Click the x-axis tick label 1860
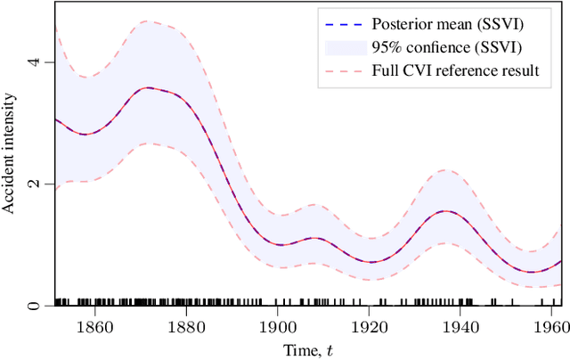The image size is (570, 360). pyautogui.click(x=95, y=327)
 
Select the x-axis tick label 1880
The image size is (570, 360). pyautogui.click(x=187, y=327)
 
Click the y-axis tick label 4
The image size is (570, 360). pyautogui.click(x=35, y=62)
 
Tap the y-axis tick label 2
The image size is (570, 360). pyautogui.click(x=35, y=184)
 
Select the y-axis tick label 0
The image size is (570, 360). pyautogui.click(x=35, y=306)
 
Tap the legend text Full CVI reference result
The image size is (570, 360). pyautogui.click(x=455, y=70)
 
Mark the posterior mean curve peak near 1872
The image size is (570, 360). pyautogui.click(x=149, y=87)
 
